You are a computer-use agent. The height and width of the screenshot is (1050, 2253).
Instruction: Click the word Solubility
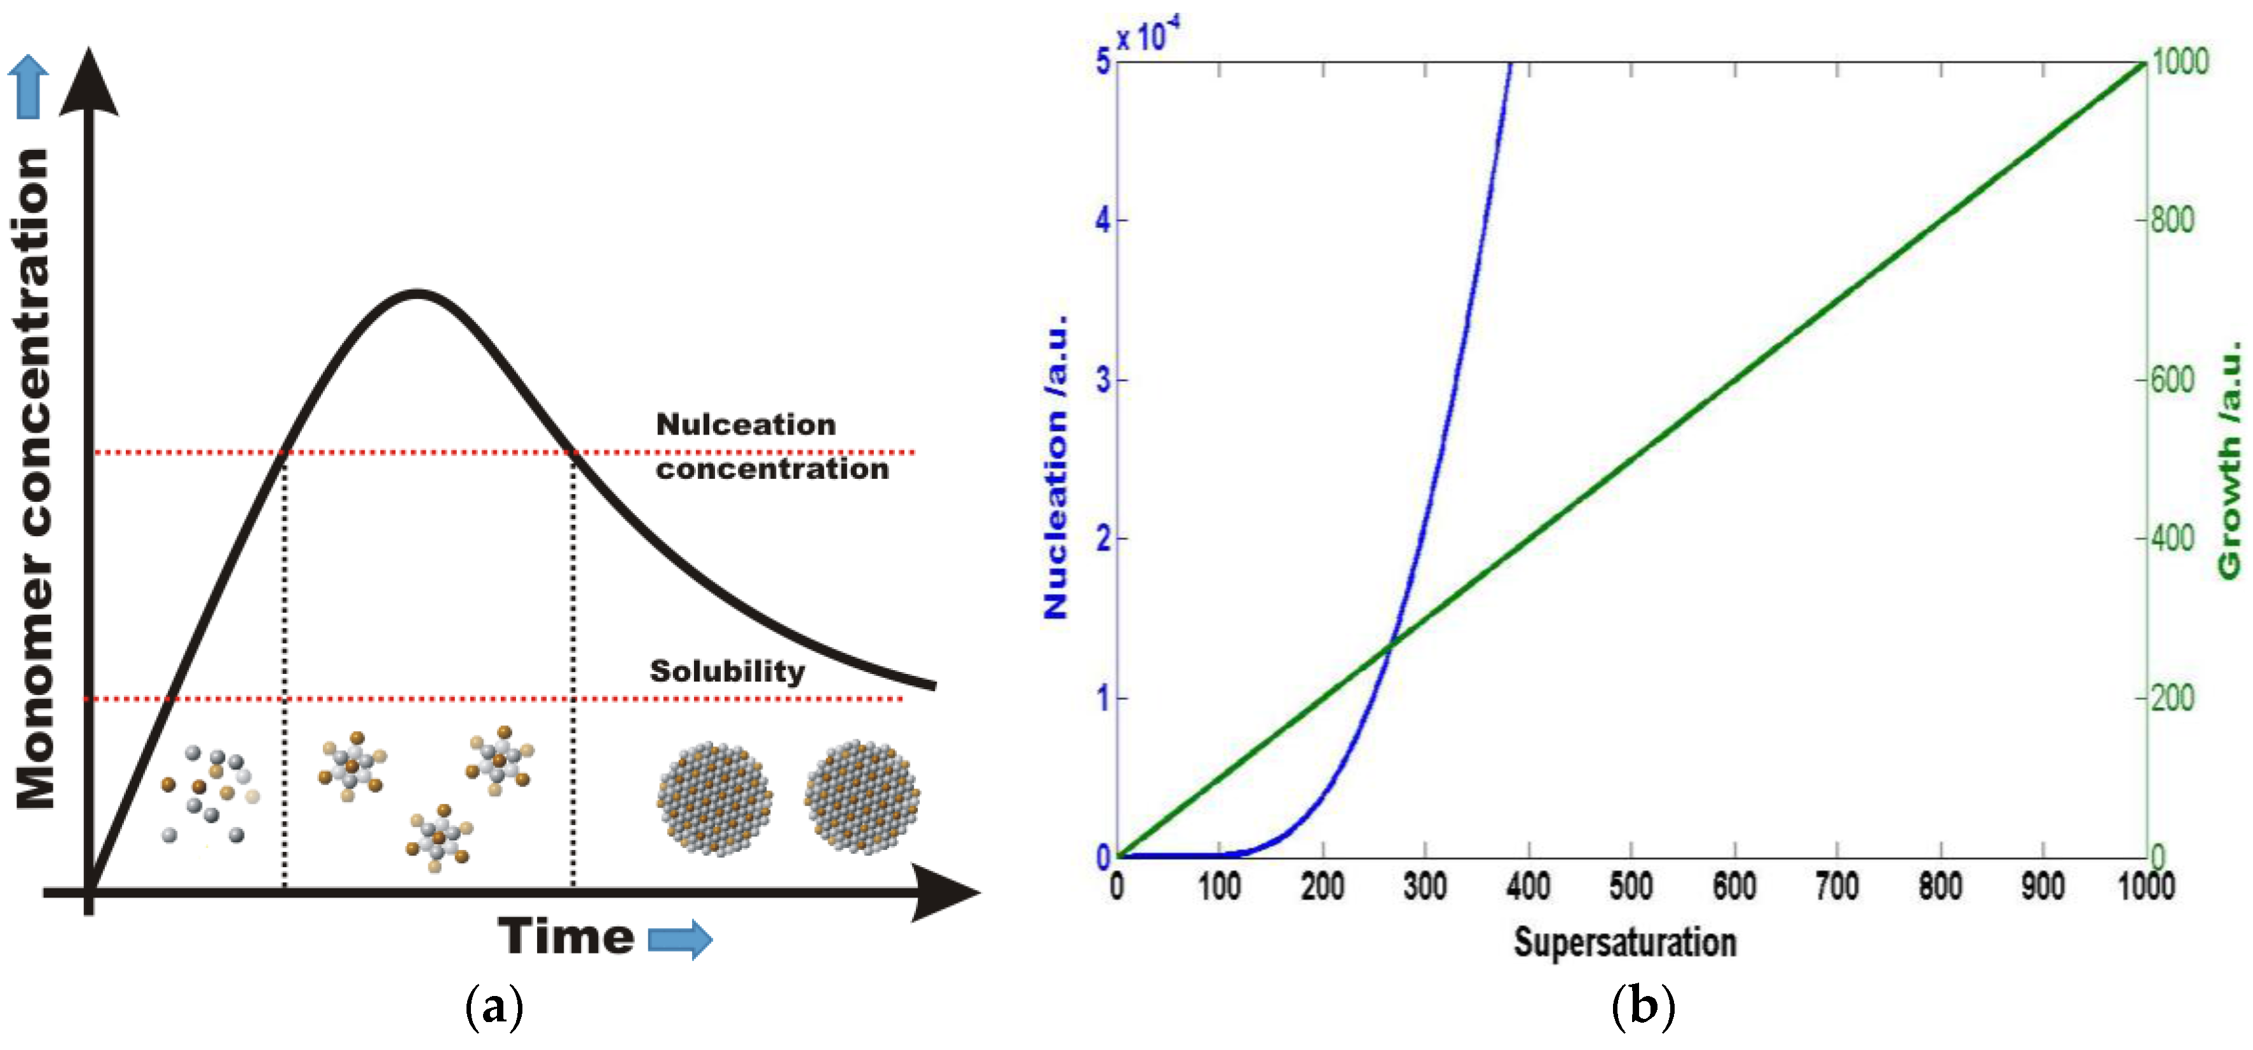(x=727, y=671)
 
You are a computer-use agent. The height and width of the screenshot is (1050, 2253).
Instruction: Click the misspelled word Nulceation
(x=746, y=425)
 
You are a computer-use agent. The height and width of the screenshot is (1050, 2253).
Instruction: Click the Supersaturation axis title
(x=1625, y=943)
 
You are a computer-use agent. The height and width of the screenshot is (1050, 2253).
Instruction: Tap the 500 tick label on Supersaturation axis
(x=1631, y=887)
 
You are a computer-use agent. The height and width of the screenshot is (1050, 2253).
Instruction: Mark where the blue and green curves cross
(x=1390, y=643)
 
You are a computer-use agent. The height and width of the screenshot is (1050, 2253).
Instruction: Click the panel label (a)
(x=494, y=1007)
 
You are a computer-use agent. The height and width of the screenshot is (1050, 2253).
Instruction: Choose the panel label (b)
(x=1642, y=1007)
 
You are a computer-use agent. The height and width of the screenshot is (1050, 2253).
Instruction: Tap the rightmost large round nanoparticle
(x=862, y=797)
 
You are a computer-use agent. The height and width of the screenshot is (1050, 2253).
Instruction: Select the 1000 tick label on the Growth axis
(x=2181, y=61)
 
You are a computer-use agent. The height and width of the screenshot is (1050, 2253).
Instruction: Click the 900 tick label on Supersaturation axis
(x=2043, y=887)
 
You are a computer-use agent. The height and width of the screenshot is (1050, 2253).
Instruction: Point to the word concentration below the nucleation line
(x=772, y=469)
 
